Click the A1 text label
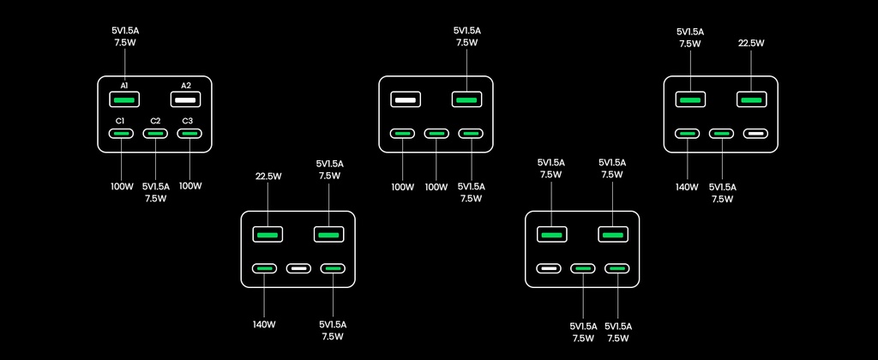point(124,86)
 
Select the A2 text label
point(186,86)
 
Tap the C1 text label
point(121,121)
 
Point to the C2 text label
point(155,121)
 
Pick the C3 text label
point(188,121)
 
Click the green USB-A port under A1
point(124,99)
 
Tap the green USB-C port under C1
point(121,134)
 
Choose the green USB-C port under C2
point(155,134)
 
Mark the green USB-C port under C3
point(189,134)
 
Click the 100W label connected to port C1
point(121,186)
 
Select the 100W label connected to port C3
point(189,186)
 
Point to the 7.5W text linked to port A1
point(125,41)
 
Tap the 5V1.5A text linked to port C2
point(155,186)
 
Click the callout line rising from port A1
point(124,64)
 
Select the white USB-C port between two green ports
point(298,269)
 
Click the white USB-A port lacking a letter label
point(406,99)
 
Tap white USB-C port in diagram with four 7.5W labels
point(549,269)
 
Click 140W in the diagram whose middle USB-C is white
point(264,324)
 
